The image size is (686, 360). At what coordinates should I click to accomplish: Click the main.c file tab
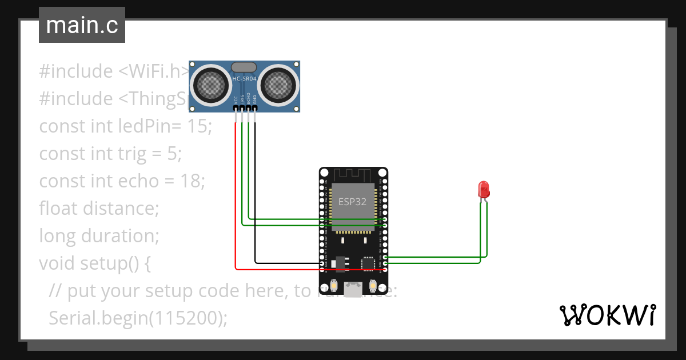click(x=82, y=26)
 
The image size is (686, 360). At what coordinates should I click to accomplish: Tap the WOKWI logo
click(x=607, y=315)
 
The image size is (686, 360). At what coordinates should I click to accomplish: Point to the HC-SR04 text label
click(x=244, y=78)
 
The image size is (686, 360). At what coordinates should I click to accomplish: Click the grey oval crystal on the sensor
click(x=244, y=67)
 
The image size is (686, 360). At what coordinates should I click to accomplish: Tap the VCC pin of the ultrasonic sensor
click(x=236, y=108)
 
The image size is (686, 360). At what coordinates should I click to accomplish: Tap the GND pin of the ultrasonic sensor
click(x=255, y=108)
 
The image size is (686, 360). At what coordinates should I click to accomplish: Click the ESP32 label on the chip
click(x=353, y=202)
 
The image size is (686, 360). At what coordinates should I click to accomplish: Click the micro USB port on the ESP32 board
click(x=353, y=289)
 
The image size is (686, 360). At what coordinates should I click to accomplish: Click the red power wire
click(x=236, y=200)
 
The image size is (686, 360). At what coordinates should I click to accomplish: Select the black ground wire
click(x=255, y=200)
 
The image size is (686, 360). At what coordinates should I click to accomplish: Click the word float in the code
click(x=59, y=209)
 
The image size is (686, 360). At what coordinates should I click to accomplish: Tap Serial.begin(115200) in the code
click(x=138, y=318)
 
